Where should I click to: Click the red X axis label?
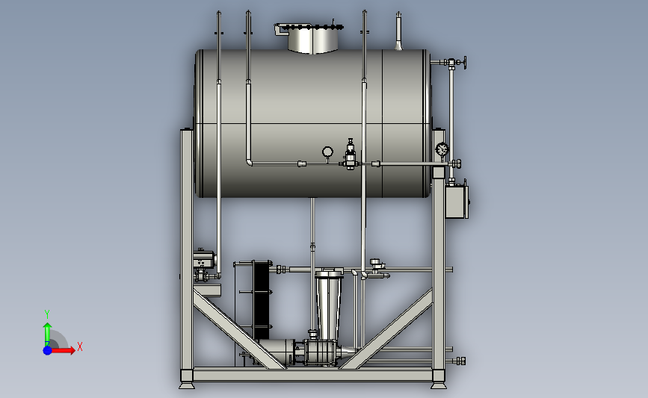pos(80,346)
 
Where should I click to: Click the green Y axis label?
pos(47,314)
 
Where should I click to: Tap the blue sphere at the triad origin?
pos(48,350)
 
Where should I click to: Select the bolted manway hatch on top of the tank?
pos(309,37)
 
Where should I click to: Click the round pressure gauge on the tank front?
pos(327,153)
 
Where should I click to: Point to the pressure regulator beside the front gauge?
pos(351,155)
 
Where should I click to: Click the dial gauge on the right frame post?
pos(442,149)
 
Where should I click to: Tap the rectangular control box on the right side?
pos(457,202)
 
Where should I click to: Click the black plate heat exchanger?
pos(261,299)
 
